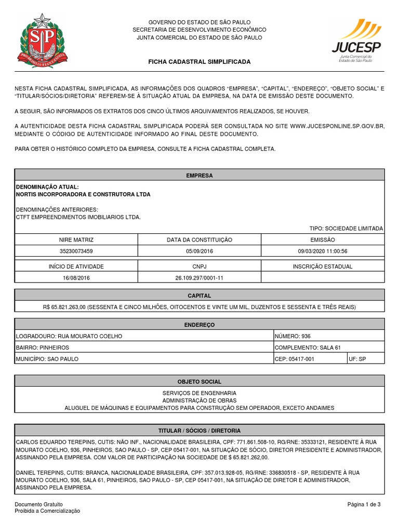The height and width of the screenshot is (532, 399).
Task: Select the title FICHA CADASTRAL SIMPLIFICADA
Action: (199, 62)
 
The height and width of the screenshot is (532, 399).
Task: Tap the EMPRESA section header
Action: (199, 176)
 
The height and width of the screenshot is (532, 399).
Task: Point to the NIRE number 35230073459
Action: (77, 251)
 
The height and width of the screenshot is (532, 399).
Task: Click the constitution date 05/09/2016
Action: (199, 251)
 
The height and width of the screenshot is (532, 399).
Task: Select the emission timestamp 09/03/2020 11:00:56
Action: (323, 251)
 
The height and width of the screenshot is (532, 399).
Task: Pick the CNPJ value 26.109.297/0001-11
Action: (199, 278)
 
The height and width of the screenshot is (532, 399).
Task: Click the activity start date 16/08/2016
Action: (77, 278)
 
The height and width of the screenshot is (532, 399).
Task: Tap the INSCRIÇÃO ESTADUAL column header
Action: (323, 267)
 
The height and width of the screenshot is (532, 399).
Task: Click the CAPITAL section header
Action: (199, 295)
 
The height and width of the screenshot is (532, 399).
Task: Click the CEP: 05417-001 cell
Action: (310, 359)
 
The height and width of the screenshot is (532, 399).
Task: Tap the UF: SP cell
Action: (366, 359)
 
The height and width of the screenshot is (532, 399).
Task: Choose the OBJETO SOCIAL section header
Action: (199, 381)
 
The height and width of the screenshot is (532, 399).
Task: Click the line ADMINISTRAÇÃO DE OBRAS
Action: (199, 401)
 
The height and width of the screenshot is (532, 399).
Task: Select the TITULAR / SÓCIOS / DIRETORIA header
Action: (199, 431)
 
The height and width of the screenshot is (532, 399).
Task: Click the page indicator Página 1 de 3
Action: (364, 504)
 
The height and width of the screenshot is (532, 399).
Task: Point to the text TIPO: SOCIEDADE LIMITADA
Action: (346, 229)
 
